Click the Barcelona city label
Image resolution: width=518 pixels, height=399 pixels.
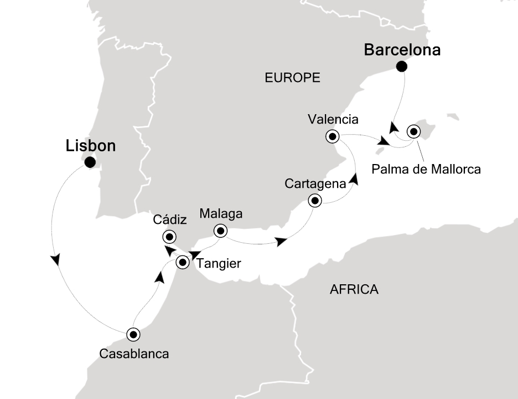click(x=402, y=50)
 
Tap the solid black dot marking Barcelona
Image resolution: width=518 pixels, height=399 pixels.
click(x=402, y=67)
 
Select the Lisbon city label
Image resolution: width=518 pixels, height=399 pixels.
click(x=91, y=146)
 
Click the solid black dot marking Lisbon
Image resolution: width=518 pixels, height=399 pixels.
click(x=90, y=162)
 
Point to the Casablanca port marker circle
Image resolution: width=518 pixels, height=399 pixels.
click(x=133, y=335)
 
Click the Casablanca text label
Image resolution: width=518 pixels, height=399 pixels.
click(x=134, y=353)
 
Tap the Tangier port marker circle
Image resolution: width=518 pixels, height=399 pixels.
click(x=183, y=263)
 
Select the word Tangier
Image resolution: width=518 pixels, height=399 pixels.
click(x=219, y=264)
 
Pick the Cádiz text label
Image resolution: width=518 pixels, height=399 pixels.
click(x=170, y=220)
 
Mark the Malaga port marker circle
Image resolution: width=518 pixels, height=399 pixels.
click(x=220, y=231)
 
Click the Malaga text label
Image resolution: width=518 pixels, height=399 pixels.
click(x=221, y=214)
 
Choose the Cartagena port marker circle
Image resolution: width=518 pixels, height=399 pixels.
click(x=315, y=201)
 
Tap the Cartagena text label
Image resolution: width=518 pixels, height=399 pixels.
click(x=315, y=183)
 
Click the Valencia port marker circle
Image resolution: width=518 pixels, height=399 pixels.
click(x=332, y=136)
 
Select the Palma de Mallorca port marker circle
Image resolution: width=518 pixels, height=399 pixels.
click(x=413, y=132)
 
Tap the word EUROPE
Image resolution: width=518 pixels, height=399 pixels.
click(x=292, y=78)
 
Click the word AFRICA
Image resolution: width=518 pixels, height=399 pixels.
click(x=354, y=289)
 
